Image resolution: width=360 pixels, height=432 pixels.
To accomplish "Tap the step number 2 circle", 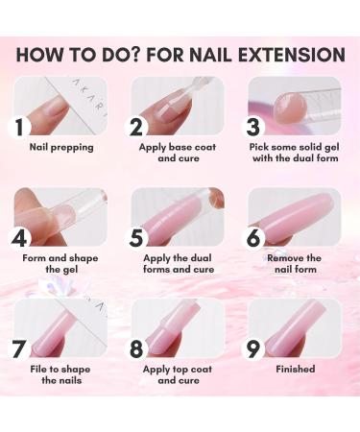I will tap(138, 125).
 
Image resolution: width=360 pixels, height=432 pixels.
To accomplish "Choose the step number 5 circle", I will tap(138, 236).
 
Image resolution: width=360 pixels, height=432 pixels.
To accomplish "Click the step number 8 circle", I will tap(138, 348).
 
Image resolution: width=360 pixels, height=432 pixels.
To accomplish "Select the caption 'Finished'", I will tap(295, 368).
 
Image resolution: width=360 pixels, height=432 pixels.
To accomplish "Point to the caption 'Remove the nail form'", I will tap(295, 264).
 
